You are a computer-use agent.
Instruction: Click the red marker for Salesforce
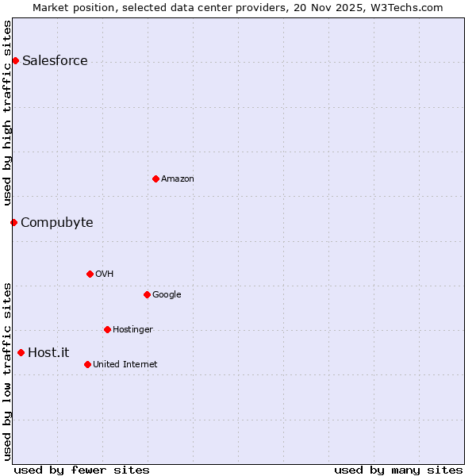point(15,61)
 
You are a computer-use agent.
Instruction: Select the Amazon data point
point(155,178)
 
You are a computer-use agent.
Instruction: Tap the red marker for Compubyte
point(13,222)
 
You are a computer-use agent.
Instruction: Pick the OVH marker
point(90,274)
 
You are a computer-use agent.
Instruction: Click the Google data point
point(147,294)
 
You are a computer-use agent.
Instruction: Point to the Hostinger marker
point(107,329)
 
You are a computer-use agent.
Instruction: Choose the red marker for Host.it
point(21,352)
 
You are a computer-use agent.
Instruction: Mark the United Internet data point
point(87,364)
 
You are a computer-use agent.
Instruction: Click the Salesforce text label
point(55,61)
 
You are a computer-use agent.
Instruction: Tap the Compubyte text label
point(56,222)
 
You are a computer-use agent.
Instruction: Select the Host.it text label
point(48,352)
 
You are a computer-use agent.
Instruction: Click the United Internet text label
point(125,365)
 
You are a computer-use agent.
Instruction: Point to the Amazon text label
point(177,179)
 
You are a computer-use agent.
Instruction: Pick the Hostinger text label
point(132,330)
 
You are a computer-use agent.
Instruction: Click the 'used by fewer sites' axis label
point(82,470)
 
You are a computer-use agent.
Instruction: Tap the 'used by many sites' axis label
point(398,470)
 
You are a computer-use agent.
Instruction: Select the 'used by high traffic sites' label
point(8,113)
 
